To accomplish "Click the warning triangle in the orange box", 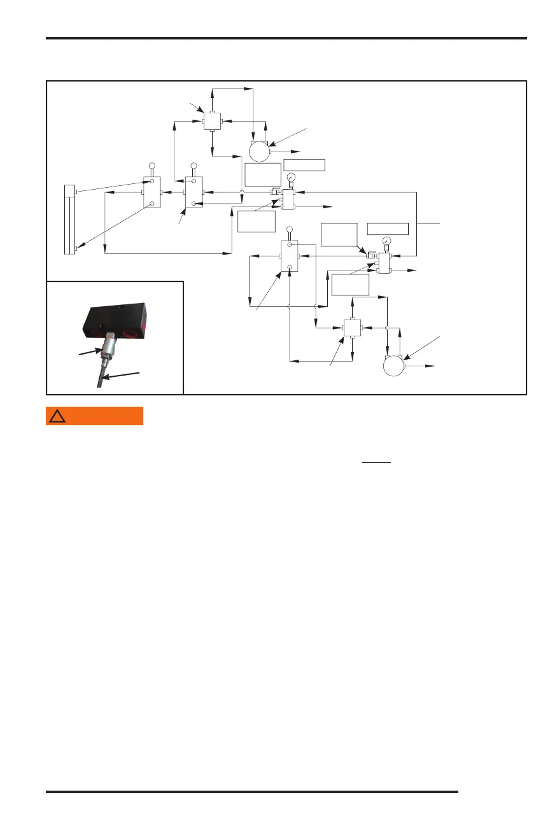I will click(58, 416).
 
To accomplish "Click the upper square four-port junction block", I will click(212, 121).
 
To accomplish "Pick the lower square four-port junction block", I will click(353, 328).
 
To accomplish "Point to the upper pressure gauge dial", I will click(291, 177).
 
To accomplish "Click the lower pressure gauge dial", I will click(388, 241).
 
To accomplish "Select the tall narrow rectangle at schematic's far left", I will click(70, 219).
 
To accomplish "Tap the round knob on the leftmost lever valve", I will click(152, 166).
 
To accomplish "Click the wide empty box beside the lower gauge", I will click(388, 227).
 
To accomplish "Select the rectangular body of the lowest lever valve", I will click(290, 256).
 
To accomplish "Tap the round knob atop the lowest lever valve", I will click(290, 229).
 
